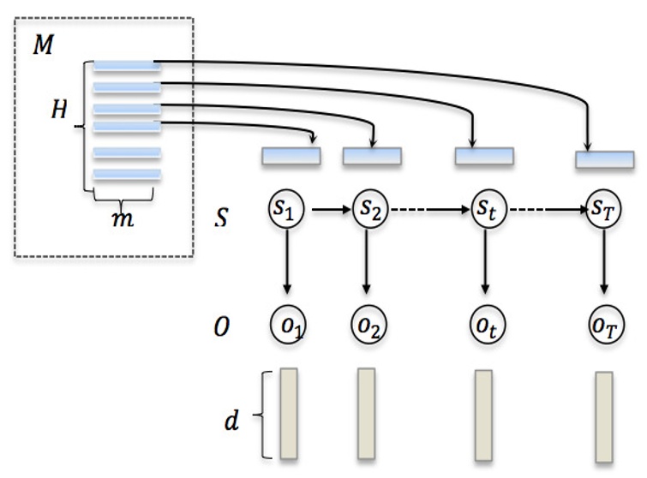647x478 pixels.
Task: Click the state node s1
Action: tap(288, 209)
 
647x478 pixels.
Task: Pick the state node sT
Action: tap(604, 209)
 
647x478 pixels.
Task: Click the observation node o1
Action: tap(288, 326)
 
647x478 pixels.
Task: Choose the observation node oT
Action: tap(604, 326)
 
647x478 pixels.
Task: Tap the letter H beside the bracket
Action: tap(58, 111)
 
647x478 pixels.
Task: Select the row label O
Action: tap(221, 326)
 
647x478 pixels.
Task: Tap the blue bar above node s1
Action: tap(291, 156)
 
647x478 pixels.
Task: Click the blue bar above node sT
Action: tap(605, 158)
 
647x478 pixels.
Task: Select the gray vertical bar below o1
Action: tap(289, 413)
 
